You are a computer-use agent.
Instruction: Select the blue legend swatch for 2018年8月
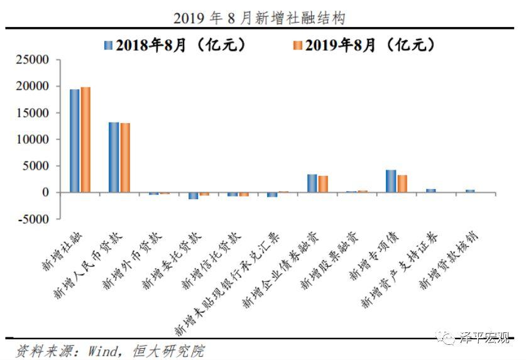click(x=109, y=45)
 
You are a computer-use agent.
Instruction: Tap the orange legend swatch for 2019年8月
click(x=299, y=45)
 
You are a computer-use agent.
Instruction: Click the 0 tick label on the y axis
click(x=46, y=193)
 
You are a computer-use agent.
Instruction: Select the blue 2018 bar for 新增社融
click(x=75, y=141)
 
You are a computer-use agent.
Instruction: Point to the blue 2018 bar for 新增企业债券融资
click(x=312, y=183)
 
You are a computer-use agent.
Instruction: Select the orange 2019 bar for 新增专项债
click(x=402, y=183)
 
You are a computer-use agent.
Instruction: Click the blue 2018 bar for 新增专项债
click(x=391, y=181)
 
